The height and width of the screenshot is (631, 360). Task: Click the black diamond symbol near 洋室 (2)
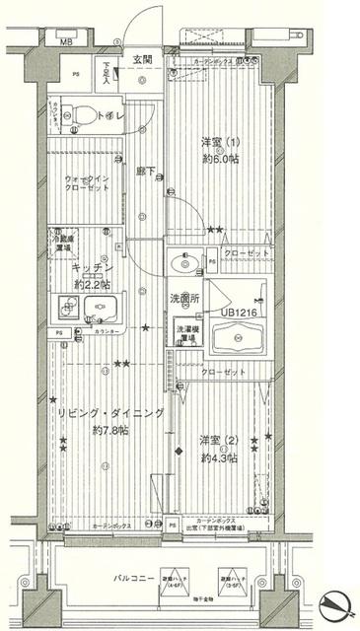click(179, 452)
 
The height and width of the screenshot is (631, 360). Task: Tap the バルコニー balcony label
click(134, 580)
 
